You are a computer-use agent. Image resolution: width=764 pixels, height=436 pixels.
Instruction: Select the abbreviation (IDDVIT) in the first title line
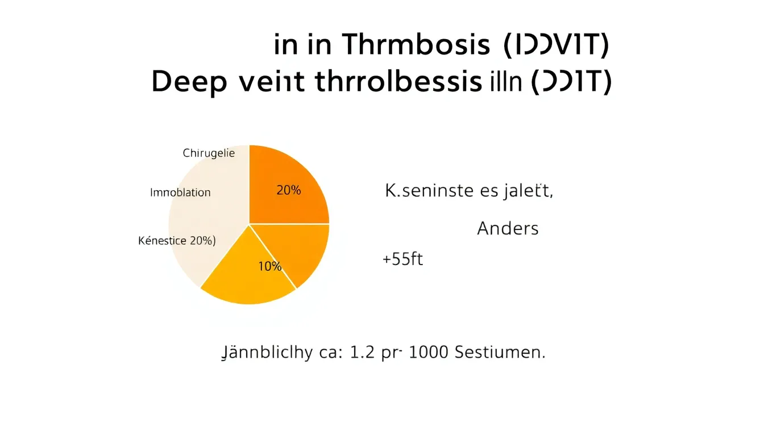[x=557, y=45]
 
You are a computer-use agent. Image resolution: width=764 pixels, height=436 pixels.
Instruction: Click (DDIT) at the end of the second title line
[x=570, y=83]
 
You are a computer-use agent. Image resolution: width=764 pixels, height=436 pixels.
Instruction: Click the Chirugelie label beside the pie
[x=209, y=153]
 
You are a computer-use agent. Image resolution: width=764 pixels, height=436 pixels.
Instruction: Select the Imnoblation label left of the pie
[x=180, y=192]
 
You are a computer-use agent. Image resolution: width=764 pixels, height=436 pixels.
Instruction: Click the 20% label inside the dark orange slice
[x=288, y=191]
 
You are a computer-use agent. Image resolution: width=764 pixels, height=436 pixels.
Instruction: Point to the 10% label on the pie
[x=269, y=266]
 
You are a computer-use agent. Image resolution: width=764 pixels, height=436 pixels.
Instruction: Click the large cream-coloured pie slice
[x=205, y=216]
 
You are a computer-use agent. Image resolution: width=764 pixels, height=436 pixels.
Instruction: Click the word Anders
[x=508, y=229]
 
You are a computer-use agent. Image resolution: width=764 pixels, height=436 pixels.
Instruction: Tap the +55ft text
[x=402, y=260]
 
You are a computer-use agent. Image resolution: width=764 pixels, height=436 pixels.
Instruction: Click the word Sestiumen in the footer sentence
[x=500, y=353]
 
